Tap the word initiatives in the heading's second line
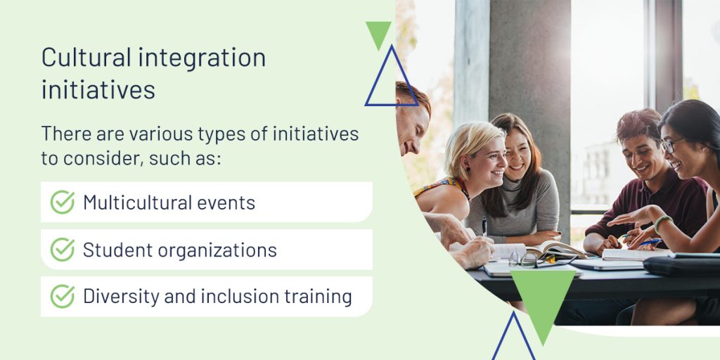click(98, 89)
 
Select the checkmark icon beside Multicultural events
click(63, 202)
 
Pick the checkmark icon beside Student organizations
click(63, 250)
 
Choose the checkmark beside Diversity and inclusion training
click(63, 296)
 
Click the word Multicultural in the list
click(137, 202)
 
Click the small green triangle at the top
click(378, 33)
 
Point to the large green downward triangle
click(544, 298)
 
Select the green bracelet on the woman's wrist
click(661, 222)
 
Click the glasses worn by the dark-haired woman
click(671, 145)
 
